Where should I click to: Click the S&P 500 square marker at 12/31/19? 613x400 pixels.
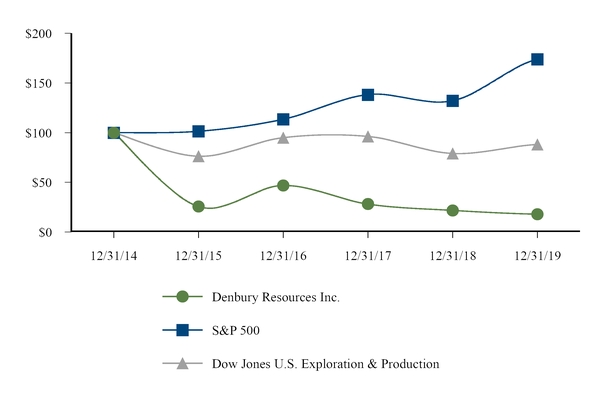click(537, 59)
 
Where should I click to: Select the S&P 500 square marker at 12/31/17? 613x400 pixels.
click(368, 95)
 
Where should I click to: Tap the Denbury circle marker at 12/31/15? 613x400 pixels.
click(198, 206)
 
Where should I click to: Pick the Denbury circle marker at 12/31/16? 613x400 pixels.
click(283, 185)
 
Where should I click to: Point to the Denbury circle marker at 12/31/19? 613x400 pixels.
click(537, 214)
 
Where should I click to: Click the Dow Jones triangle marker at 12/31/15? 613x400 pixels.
click(198, 156)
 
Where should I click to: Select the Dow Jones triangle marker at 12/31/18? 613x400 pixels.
click(452, 153)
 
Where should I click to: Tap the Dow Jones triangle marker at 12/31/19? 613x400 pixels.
click(537, 144)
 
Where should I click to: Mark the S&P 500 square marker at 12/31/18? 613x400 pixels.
click(452, 101)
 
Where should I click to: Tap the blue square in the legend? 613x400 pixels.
click(182, 330)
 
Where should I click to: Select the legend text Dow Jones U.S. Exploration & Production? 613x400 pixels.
click(325, 364)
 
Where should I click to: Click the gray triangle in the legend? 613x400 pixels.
click(182, 363)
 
